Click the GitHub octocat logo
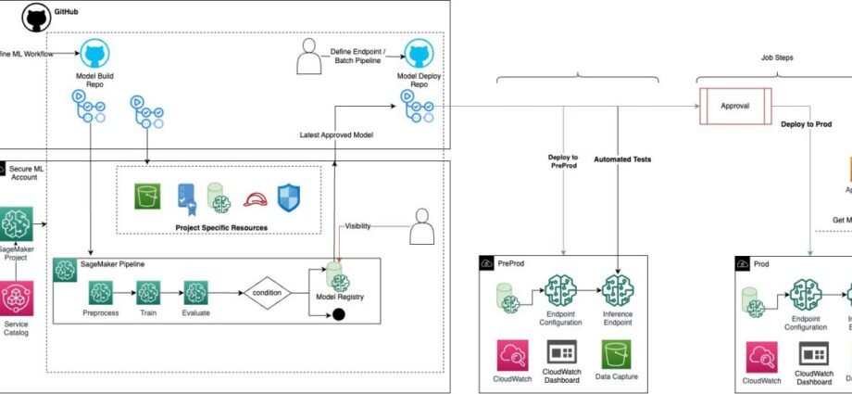click(x=36, y=17)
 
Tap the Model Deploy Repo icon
click(x=419, y=54)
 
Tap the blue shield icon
click(x=291, y=197)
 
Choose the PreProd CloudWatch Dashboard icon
click(x=562, y=353)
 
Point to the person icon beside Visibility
click(x=421, y=226)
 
